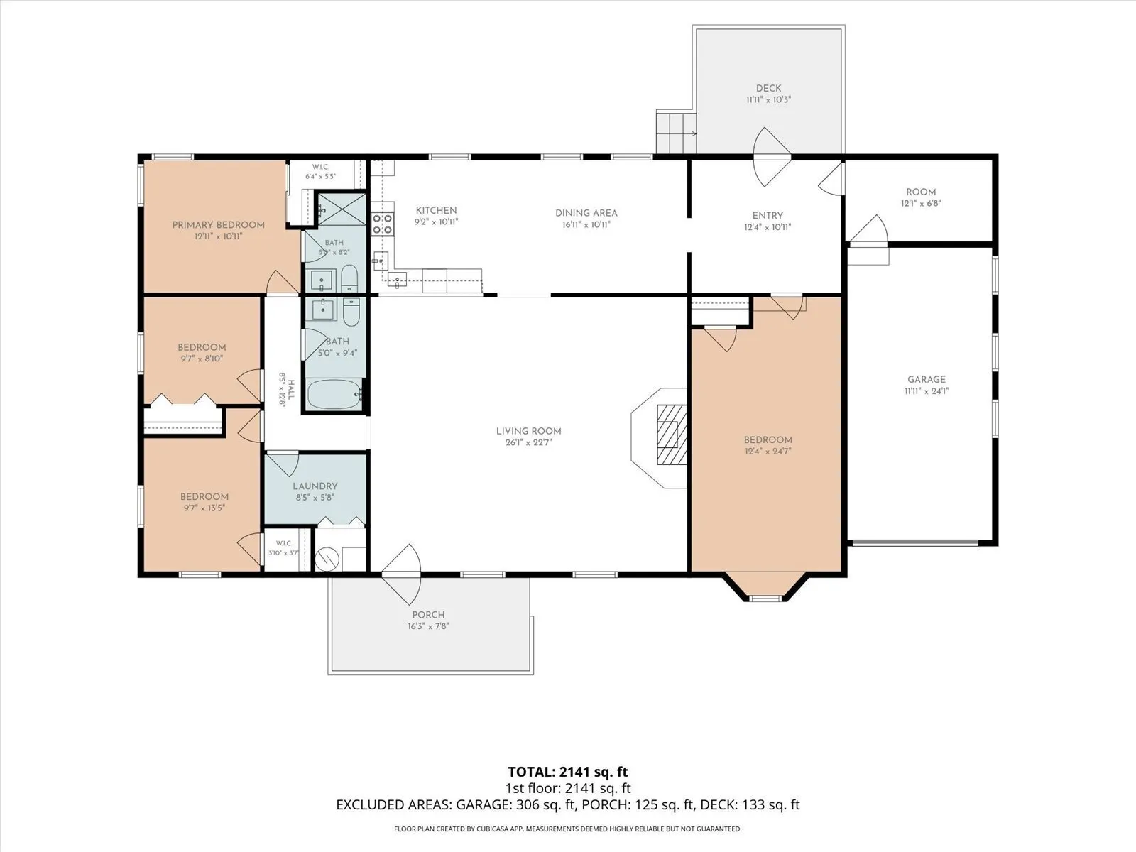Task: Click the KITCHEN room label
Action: point(436,211)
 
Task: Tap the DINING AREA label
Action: point(586,213)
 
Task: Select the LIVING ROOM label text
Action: point(528,431)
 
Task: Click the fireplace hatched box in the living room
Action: point(672,435)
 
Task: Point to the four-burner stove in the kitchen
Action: point(383,224)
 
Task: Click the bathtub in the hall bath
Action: point(335,394)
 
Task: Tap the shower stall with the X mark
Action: point(342,209)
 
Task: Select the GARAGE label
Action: point(927,379)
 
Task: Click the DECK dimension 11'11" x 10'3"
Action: point(768,99)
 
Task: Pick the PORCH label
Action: point(429,615)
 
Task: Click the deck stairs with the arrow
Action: point(676,133)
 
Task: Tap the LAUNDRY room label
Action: point(315,486)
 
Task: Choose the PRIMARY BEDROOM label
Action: point(219,225)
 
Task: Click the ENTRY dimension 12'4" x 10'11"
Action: point(768,226)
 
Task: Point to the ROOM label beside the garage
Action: point(921,192)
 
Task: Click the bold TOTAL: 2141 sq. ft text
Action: point(568,772)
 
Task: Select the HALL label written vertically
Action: point(291,390)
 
